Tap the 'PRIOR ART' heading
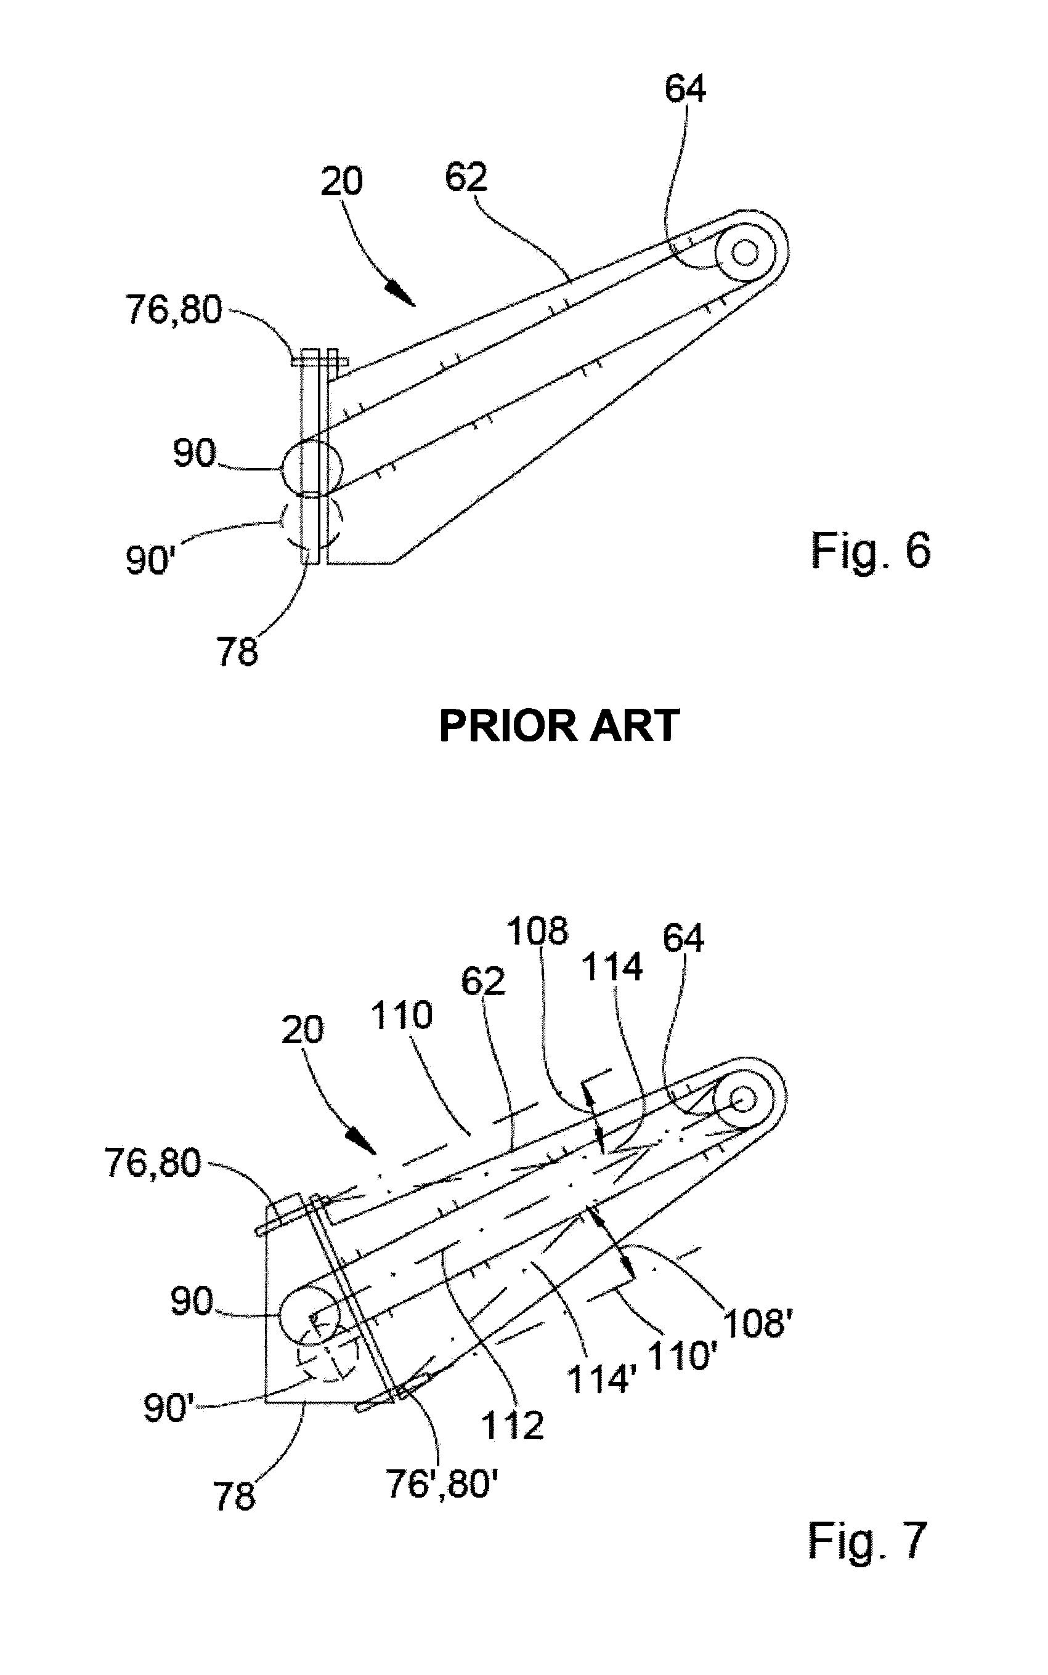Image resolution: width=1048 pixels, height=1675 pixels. pyautogui.click(x=559, y=726)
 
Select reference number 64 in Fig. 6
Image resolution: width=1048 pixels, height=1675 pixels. pyautogui.click(x=685, y=89)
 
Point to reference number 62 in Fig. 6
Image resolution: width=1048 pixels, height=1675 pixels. pyautogui.click(x=466, y=177)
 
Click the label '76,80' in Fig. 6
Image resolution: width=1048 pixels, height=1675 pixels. pyautogui.click(x=173, y=309)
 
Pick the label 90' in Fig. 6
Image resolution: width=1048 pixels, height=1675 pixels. pyautogui.click(x=148, y=560)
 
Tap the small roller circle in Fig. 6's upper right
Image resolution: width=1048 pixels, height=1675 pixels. pyautogui.click(x=745, y=252)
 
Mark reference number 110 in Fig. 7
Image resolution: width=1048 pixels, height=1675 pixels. pyautogui.click(x=401, y=1015)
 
